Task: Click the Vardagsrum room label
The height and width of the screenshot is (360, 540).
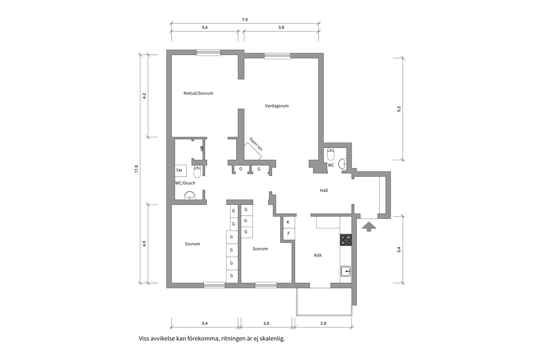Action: [277, 106]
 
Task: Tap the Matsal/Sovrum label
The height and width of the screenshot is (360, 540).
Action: [198, 93]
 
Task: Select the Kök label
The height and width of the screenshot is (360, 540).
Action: [318, 255]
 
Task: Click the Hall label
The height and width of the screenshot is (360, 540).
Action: [324, 190]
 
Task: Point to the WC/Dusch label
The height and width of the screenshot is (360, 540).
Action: [185, 183]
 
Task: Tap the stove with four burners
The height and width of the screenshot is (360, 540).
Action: [346, 240]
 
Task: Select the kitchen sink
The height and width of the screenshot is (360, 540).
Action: [346, 271]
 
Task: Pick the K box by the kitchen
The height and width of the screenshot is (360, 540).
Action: [289, 222]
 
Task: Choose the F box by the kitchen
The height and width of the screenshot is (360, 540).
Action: [289, 233]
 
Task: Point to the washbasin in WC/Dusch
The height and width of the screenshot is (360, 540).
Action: [190, 195]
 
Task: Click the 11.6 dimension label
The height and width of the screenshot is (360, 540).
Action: [136, 169]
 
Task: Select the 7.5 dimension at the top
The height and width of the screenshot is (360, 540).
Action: [245, 20]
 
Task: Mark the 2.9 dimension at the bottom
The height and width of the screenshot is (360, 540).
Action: [323, 323]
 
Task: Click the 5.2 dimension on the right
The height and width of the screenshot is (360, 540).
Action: [399, 109]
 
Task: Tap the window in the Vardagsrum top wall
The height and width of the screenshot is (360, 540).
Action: [277, 56]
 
